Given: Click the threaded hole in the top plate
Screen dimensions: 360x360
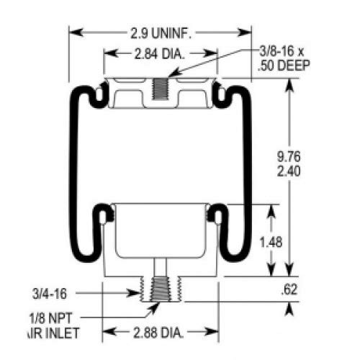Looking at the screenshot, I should pos(161,91).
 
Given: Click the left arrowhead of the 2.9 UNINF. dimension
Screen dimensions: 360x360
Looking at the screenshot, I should pos(73,33).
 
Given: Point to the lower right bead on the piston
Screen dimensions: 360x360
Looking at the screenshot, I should pos(213,214).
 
